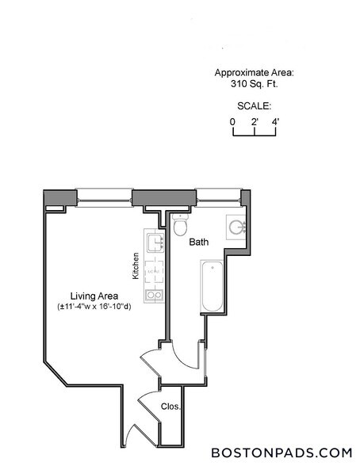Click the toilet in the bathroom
[180, 224]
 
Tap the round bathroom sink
[237, 227]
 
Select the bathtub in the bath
[212, 286]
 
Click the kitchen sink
[155, 243]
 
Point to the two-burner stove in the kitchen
[155, 295]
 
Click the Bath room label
[199, 242]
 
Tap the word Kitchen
[136, 265]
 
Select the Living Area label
[94, 296]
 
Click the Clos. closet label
[170, 407]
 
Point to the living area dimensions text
[94, 307]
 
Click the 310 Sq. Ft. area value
[255, 84]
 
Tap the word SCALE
[255, 106]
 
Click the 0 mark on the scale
[232, 121]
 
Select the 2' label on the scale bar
[254, 121]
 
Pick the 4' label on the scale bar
[276, 121]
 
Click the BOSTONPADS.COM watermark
[281, 453]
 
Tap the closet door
[148, 406]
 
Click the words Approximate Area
[255, 73]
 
